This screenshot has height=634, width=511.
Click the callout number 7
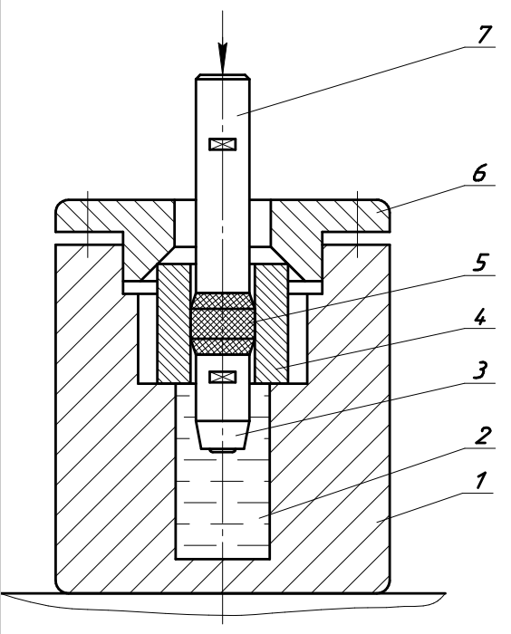tap(485, 34)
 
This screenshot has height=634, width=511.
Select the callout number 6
tap(479, 173)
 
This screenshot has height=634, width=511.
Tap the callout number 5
tap(480, 263)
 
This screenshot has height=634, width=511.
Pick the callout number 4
tap(480, 317)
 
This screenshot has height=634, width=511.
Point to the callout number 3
tap(480, 370)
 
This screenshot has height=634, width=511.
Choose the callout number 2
tap(483, 436)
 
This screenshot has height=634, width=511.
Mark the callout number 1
tap(480, 481)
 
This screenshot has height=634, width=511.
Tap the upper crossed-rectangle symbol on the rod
tap(223, 144)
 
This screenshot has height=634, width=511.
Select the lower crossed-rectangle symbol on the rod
tap(223, 377)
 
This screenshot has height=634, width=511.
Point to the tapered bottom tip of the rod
tap(223, 436)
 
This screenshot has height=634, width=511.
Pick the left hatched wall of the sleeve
tap(174, 323)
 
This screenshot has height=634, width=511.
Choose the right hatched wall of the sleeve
tap(272, 323)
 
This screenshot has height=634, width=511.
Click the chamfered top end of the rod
tap(223, 77)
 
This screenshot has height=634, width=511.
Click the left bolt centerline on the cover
tap(88, 225)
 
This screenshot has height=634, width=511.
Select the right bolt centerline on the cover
tap(357, 225)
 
